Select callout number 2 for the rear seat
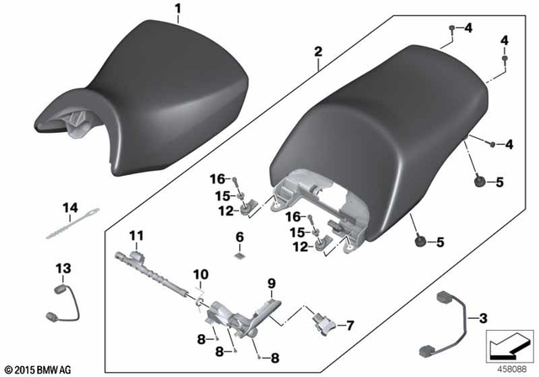tap(318, 52)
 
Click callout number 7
tap(350, 324)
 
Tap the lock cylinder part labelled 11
tap(160, 269)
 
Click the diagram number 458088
tap(511, 367)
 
